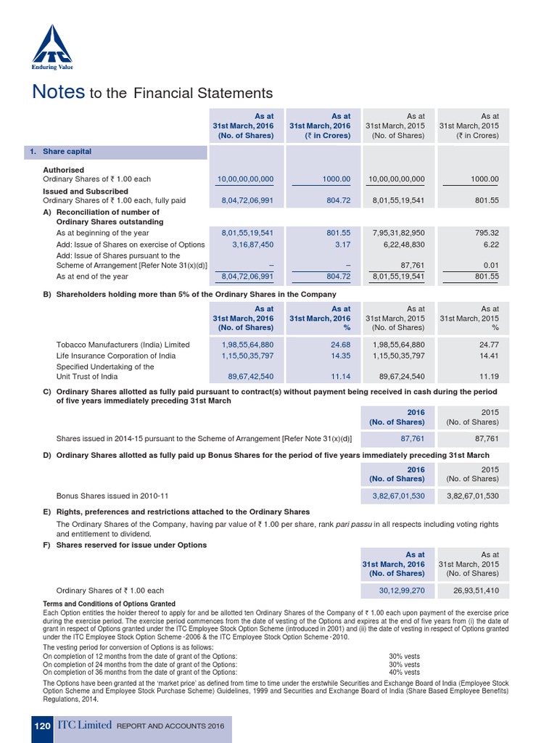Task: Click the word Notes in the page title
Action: point(57,92)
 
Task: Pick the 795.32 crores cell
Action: point(484,233)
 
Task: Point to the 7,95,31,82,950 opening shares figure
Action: point(398,233)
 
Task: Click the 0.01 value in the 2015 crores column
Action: point(490,266)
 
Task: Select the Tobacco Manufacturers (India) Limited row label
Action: point(123,345)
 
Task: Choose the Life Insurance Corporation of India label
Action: point(115,356)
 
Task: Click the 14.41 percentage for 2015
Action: point(489,356)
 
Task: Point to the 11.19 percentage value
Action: point(489,377)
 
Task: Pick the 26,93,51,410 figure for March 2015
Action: point(472,591)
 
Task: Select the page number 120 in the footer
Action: point(43,726)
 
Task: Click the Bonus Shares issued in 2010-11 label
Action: point(112,496)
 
